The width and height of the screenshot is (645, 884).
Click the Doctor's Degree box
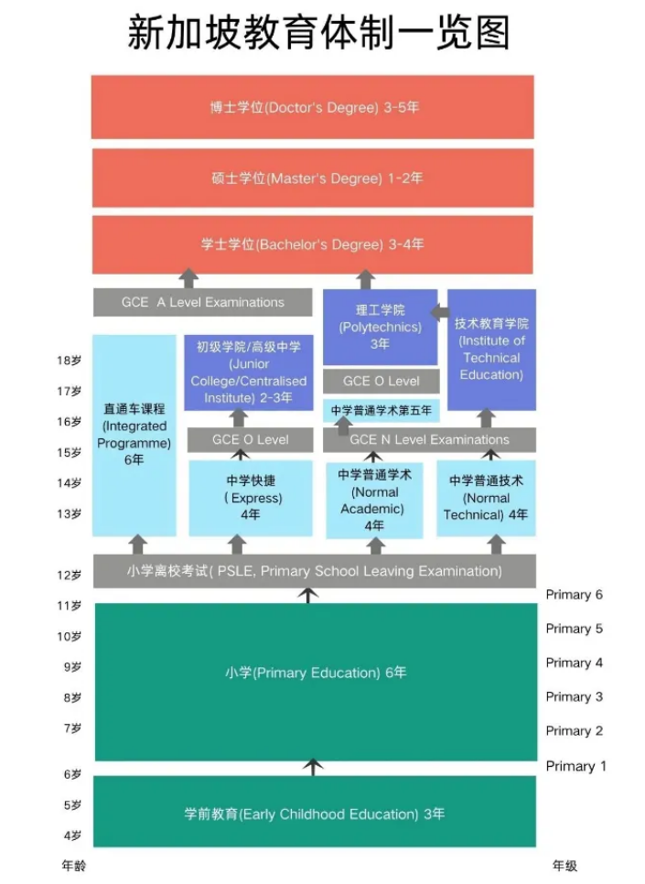click(312, 106)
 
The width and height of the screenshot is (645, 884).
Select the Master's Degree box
click(313, 178)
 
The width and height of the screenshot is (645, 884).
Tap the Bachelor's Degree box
click(312, 244)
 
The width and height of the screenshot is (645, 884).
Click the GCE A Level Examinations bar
click(203, 303)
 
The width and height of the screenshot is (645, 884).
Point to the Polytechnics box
click(380, 327)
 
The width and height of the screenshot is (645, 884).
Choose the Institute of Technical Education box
click(491, 350)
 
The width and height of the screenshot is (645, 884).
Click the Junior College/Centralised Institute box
click(249, 372)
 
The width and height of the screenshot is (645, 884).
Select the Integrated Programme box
click(134, 436)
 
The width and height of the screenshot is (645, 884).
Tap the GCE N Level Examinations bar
click(430, 440)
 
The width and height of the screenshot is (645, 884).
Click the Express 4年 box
click(251, 498)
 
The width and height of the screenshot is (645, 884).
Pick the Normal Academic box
click(374, 500)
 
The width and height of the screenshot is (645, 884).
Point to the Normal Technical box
click(486, 498)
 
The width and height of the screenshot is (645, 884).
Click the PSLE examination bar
click(315, 571)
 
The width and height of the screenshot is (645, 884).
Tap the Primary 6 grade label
click(574, 595)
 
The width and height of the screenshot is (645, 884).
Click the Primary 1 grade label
click(575, 766)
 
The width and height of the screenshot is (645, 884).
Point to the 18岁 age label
click(69, 361)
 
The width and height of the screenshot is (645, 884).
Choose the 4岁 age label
click(72, 835)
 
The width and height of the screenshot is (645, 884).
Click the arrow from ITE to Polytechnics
click(440, 312)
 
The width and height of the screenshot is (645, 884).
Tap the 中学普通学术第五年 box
click(382, 410)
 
